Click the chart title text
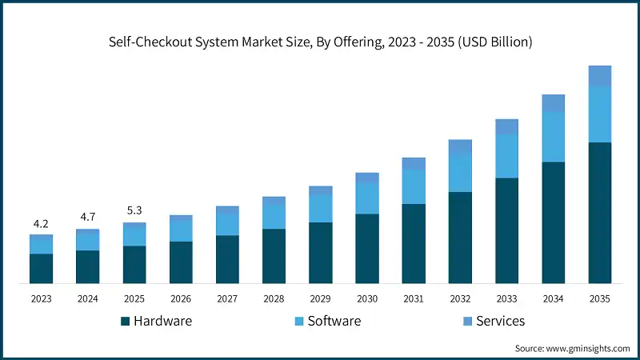click(x=320, y=41)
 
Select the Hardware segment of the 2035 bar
click(x=600, y=212)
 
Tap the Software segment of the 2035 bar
click(x=600, y=114)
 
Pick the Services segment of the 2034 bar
click(x=553, y=102)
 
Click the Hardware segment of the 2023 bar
click(x=41, y=268)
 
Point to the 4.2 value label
click(x=41, y=223)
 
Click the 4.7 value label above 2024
click(x=87, y=218)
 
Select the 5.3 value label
click(x=134, y=211)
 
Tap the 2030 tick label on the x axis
click(x=366, y=298)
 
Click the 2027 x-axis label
click(x=227, y=298)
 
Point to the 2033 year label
click(x=506, y=298)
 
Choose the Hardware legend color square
click(x=125, y=322)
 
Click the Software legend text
click(x=334, y=321)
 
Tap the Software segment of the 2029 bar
click(x=320, y=208)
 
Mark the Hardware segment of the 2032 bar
click(x=460, y=237)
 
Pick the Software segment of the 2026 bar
click(x=181, y=230)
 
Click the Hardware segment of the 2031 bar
click(x=414, y=243)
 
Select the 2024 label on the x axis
click(x=87, y=298)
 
